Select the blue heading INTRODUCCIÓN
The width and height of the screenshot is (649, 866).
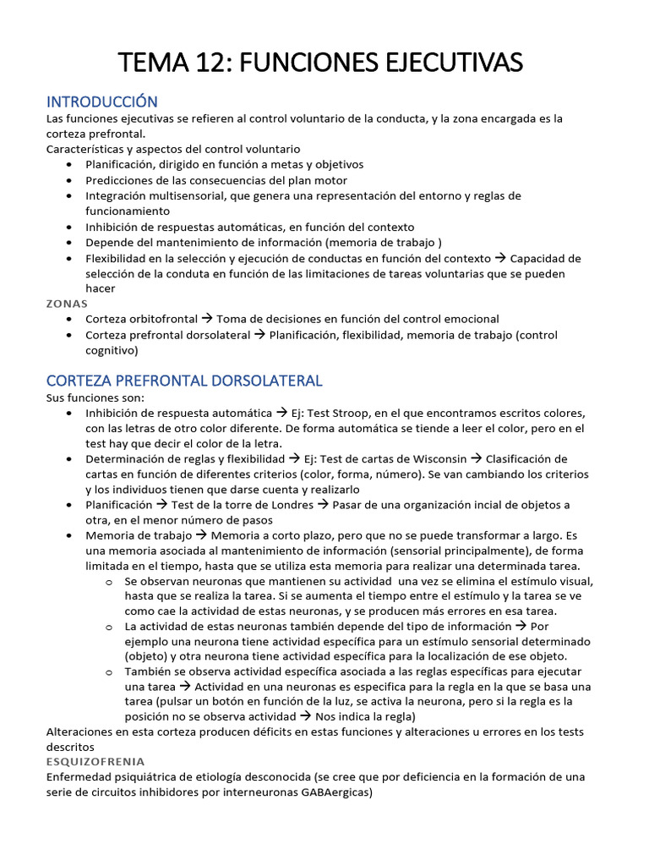coord(102,101)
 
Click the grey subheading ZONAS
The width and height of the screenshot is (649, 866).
coord(67,304)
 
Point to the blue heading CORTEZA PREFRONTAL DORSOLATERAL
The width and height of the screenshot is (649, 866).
coord(184,381)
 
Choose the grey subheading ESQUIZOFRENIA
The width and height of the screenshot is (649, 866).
coord(95,761)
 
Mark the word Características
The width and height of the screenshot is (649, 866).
coord(87,148)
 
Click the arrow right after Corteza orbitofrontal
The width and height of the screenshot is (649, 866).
coord(207,319)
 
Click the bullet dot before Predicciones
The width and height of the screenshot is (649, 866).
coord(68,180)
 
